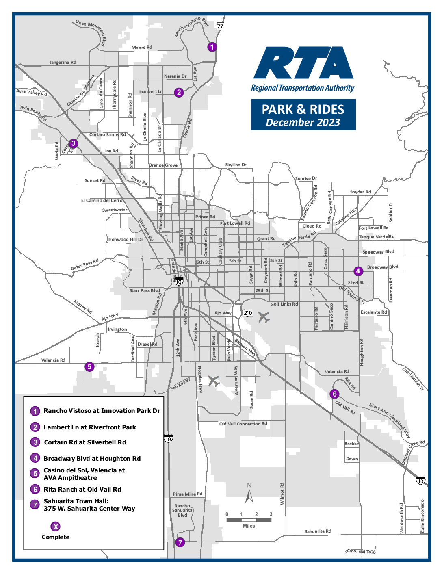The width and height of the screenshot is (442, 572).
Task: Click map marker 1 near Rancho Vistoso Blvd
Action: (212, 47)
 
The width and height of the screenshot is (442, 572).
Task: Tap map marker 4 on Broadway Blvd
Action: (358, 271)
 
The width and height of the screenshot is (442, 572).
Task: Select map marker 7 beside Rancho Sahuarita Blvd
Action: (180, 542)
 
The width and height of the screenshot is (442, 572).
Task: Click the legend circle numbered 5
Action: (35, 474)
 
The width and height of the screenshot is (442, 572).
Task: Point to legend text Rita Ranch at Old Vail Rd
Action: (82, 490)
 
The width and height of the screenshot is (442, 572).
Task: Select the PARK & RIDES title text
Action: (303, 109)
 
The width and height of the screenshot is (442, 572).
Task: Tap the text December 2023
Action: (303, 123)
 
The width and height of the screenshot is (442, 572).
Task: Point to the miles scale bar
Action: (249, 520)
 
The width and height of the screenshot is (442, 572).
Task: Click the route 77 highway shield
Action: (220, 26)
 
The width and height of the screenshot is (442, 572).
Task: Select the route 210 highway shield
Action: (248, 313)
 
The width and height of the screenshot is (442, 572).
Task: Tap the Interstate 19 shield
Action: (168, 438)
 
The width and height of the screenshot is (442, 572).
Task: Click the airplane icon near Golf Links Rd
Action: (264, 317)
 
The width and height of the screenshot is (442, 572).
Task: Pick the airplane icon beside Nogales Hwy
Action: (214, 381)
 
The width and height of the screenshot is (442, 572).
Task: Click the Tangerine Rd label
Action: (63, 62)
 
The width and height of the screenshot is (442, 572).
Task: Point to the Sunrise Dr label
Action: (306, 178)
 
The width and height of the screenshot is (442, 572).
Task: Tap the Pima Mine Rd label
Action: (188, 494)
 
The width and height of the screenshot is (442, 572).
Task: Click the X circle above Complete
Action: (56, 526)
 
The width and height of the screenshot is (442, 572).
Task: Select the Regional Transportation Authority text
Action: (303, 88)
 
